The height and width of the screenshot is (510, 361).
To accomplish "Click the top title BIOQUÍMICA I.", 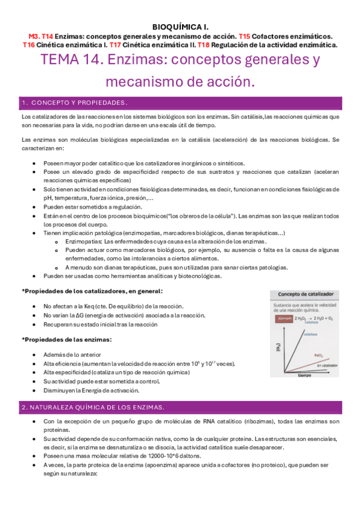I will [x=180, y=26].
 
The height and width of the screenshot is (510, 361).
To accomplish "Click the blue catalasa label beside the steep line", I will [x=311, y=334].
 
